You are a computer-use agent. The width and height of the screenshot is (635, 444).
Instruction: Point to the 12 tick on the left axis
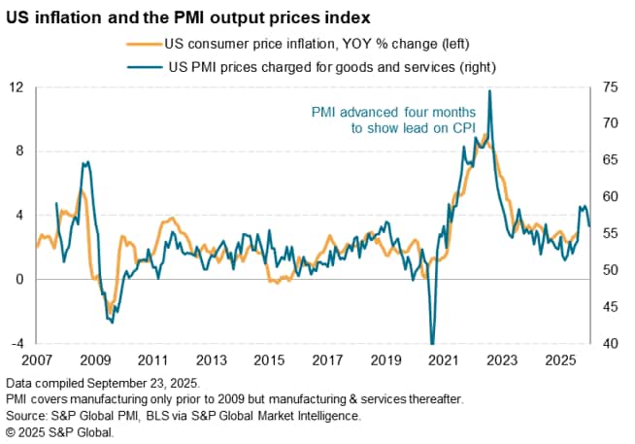tap(17, 87)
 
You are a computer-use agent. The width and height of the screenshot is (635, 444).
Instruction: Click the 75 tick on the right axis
tap(609, 87)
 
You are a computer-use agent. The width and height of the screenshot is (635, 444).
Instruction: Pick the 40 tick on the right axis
tap(609, 343)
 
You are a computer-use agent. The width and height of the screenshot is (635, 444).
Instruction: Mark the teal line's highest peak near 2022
tap(489, 90)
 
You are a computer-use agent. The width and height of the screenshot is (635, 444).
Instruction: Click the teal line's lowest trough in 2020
tap(431, 342)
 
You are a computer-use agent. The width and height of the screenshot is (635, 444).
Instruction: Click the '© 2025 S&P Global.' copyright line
tap(58, 432)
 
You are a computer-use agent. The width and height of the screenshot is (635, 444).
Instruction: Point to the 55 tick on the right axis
tap(609, 233)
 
